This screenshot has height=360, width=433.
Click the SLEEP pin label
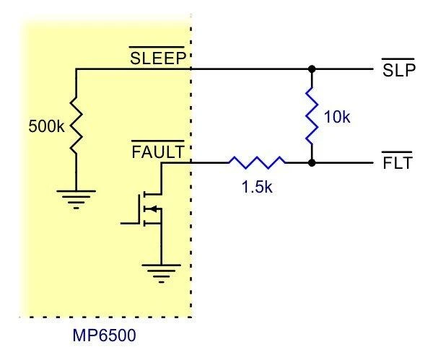tap(157, 58)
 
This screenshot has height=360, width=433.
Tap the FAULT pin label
tap(157, 152)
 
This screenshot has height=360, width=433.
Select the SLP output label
tap(399, 71)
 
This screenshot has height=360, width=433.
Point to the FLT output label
tap(398, 163)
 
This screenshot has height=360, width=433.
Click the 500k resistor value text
tap(46, 126)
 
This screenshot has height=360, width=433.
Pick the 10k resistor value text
tap(337, 117)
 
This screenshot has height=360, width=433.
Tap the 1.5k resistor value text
tap(257, 187)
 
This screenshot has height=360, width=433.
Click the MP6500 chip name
tap(104, 335)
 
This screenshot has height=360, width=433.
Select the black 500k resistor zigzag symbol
tap(76, 124)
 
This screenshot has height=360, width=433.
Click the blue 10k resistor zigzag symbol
tap(312, 115)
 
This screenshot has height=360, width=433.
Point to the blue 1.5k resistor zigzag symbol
tap(257, 162)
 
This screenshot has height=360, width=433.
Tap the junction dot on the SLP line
tap(312, 69)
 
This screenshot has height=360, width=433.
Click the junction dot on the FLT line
tap(312, 163)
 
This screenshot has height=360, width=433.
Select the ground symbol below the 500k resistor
tap(76, 199)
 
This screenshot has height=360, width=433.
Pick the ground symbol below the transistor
tap(161, 273)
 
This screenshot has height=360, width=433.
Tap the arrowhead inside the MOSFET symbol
tap(153, 208)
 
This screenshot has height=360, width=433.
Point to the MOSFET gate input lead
tap(129, 223)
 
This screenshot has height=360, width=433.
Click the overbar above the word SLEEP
tap(157, 47)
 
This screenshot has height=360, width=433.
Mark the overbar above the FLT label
tap(396, 152)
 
